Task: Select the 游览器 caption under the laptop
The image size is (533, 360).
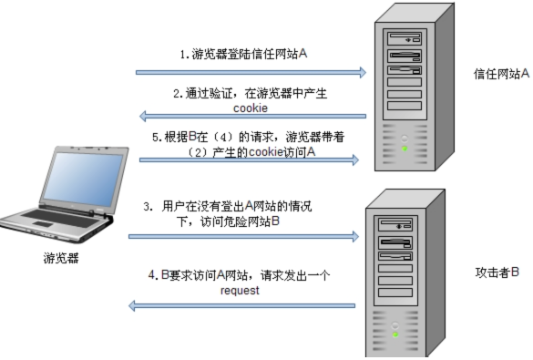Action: [x=61, y=258]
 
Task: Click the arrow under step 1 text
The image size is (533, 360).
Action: [x=250, y=70]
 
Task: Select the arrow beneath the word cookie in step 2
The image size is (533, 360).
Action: [x=250, y=117]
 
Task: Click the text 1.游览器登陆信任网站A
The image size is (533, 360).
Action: [x=243, y=55]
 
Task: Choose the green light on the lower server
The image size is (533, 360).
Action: [x=395, y=334]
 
